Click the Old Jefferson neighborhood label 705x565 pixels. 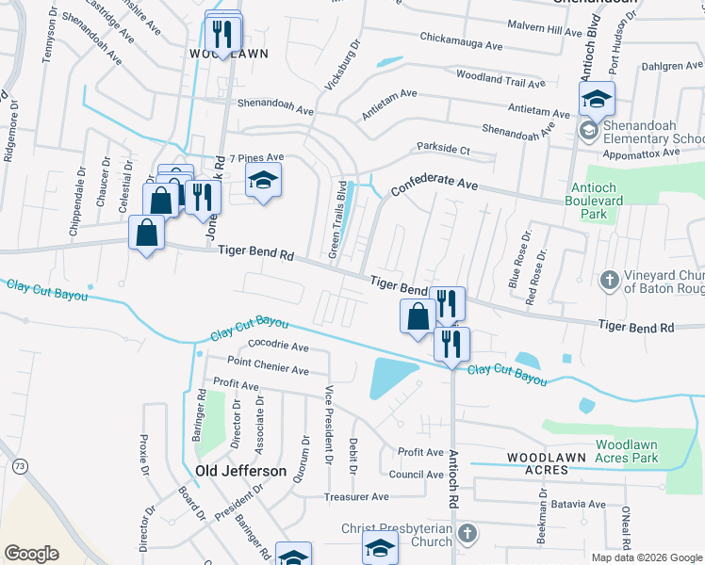240,470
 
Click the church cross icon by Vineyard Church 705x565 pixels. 609,280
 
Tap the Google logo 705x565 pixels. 31,554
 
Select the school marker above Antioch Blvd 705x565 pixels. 597,99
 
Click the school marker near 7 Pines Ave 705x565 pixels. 264,179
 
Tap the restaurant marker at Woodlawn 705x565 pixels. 223,33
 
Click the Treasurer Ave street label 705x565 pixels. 355,496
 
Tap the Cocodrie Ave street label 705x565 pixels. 278,346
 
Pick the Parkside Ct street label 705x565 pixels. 443,149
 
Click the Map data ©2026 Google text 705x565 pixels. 646,557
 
